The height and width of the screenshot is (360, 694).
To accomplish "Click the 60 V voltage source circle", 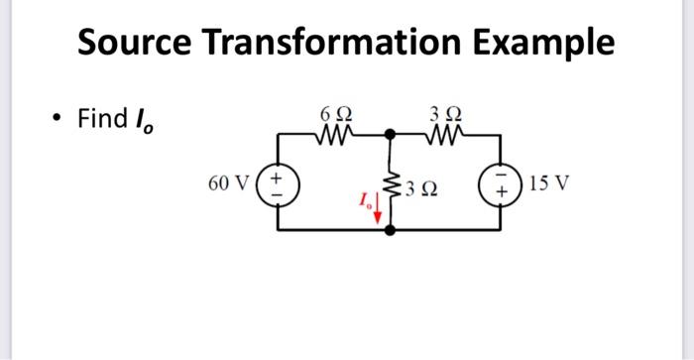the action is click(x=277, y=183).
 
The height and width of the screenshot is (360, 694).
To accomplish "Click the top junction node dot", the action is click(x=392, y=132).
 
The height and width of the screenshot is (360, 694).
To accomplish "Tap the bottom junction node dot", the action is click(x=392, y=230).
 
